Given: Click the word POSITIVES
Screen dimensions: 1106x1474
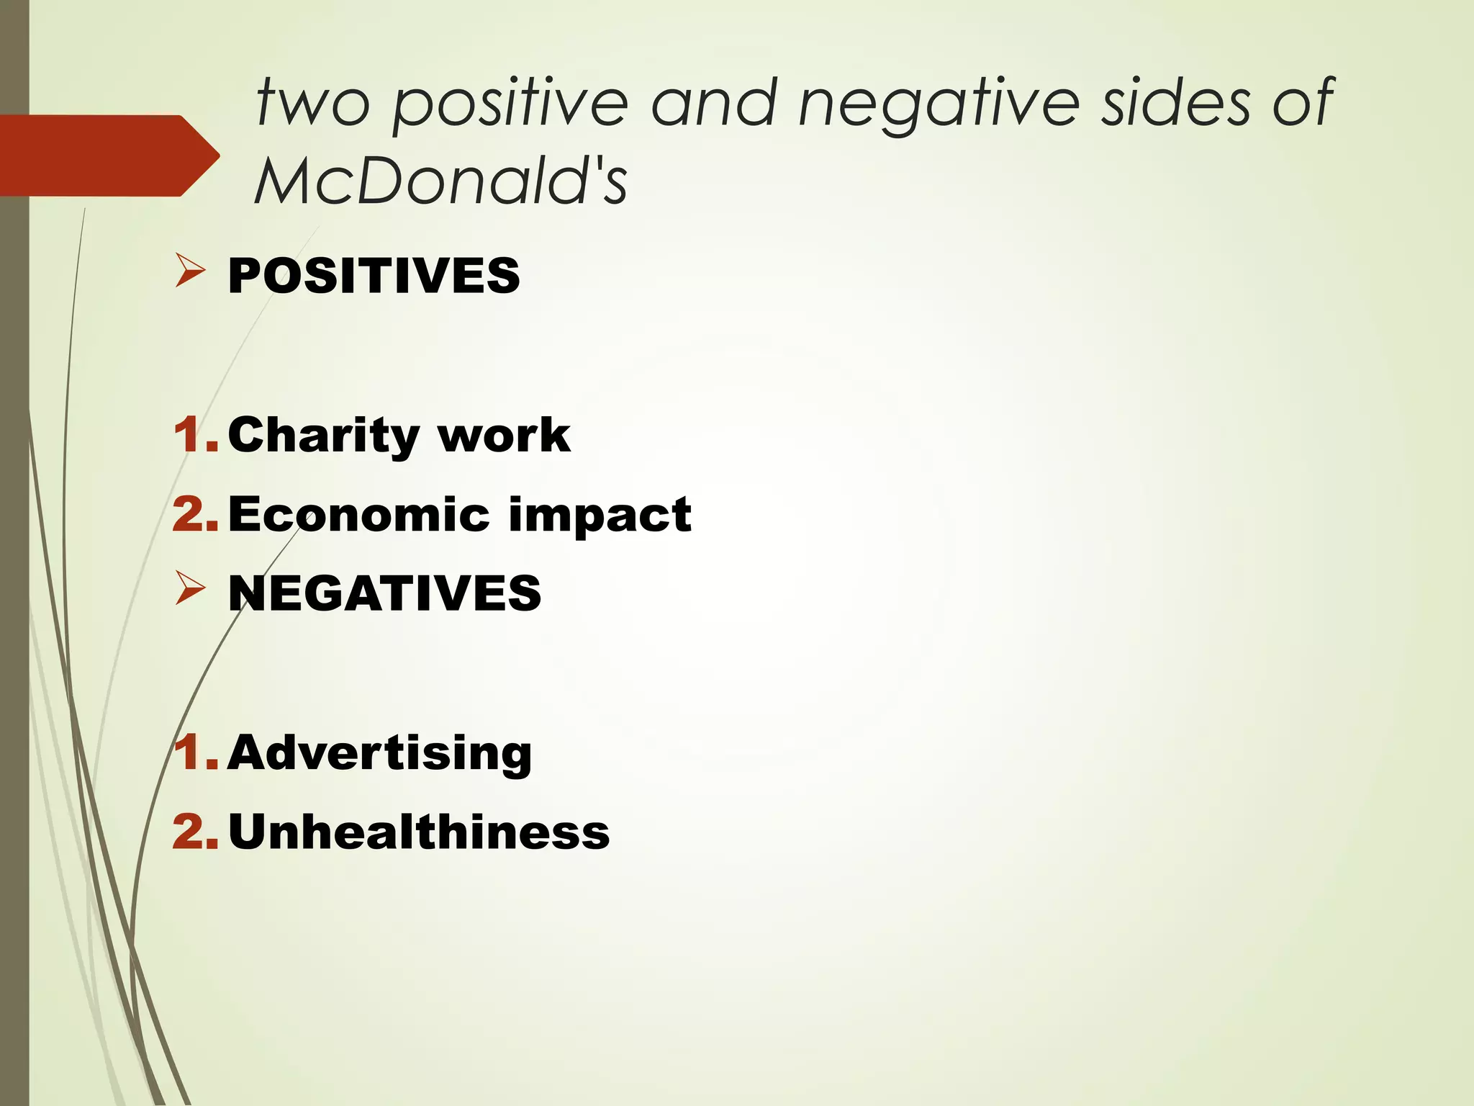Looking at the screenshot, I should point(374,276).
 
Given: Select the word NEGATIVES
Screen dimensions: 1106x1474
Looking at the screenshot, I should point(384,593).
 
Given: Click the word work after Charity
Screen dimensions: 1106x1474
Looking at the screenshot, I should point(504,436).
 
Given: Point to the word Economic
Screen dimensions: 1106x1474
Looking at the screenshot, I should point(359,515).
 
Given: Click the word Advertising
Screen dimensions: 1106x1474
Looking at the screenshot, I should point(379,753).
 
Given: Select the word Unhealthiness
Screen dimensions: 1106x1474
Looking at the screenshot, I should point(419,832).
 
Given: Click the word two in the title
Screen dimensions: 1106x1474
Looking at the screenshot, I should point(313,102).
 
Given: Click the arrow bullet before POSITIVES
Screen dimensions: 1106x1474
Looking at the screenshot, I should point(190,273).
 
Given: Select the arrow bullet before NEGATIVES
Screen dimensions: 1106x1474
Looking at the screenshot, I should point(190,590).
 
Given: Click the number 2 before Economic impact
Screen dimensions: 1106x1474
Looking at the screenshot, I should point(193,515).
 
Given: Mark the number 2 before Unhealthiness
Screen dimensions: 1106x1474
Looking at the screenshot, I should point(193,832).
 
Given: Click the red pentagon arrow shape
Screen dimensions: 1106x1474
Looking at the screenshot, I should point(108,156).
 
